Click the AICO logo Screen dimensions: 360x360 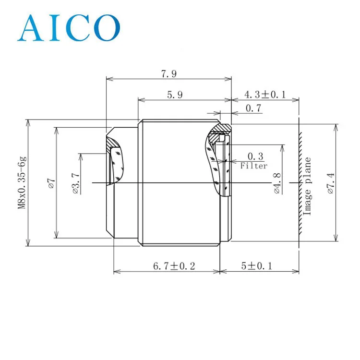click(x=69, y=27)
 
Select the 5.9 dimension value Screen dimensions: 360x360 click(x=175, y=95)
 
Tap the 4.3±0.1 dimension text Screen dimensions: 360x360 click(x=264, y=95)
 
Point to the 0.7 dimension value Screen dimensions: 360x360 click(x=253, y=108)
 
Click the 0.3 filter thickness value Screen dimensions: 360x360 click(x=255, y=156)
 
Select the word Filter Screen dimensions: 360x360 click(x=254, y=166)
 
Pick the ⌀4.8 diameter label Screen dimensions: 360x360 click(x=277, y=183)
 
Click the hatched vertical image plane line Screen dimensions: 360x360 click(x=301, y=182)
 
